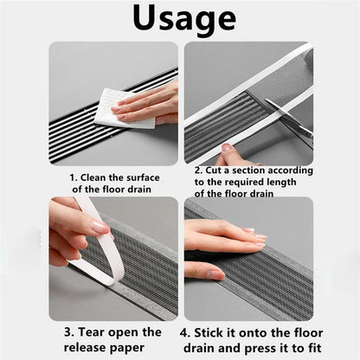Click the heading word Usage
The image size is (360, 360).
click(184, 19)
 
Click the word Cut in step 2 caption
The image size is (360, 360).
click(214, 170)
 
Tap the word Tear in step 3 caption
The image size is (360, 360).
click(91, 332)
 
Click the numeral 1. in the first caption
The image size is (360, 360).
click(74, 177)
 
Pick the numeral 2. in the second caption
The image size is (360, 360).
click(199, 170)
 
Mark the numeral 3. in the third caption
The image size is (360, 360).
click(69, 332)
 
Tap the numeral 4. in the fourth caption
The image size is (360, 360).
click(185, 333)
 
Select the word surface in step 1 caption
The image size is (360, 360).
click(143, 177)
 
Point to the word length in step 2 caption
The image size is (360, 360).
click(281, 183)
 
